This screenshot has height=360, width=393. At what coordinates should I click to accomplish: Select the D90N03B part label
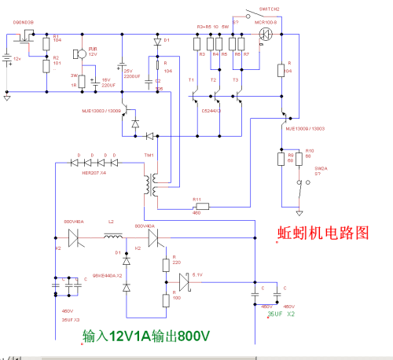[23, 24]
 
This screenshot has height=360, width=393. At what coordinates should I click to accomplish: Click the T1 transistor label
[190, 81]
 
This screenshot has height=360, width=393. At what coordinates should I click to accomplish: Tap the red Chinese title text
[322, 233]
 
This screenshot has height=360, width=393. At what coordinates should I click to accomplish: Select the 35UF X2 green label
[281, 314]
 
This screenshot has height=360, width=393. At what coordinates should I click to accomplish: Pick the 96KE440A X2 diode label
[107, 275]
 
